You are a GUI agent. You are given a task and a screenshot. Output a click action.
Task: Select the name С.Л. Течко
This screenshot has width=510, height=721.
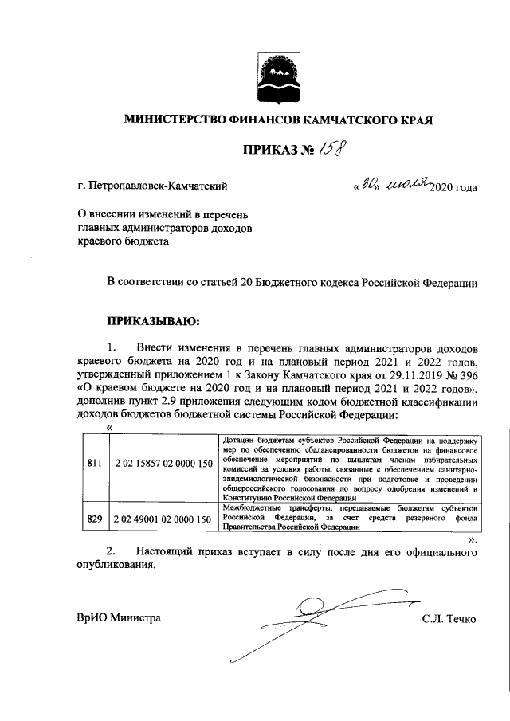(x=449, y=619)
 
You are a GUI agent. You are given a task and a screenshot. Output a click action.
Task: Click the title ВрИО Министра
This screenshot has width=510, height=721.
(x=119, y=619)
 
